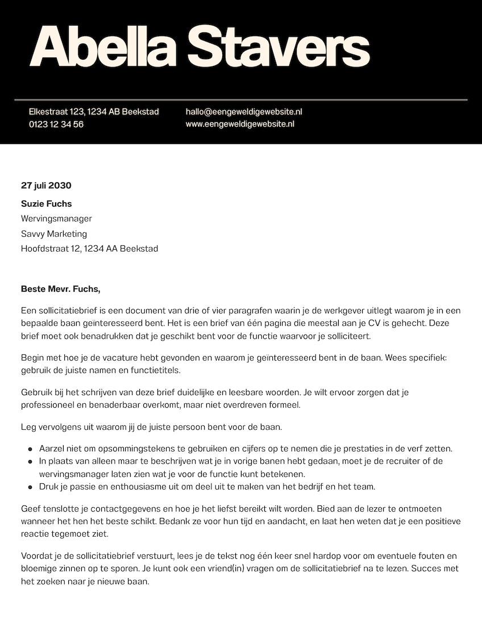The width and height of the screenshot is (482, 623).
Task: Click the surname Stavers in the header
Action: [279, 48]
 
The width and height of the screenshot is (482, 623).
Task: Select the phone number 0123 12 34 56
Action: [56, 124]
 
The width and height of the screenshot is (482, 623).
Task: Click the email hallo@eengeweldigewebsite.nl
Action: [244, 111]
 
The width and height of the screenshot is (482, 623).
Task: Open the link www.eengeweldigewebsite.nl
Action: [240, 124]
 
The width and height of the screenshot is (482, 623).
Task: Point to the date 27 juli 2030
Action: [46, 185]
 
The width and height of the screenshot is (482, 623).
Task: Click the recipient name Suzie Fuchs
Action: [47, 203]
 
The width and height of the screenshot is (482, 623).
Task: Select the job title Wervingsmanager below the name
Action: [56, 219]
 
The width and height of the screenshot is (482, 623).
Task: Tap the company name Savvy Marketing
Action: [54, 233]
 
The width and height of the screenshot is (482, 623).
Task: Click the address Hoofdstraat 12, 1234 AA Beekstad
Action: [89, 248]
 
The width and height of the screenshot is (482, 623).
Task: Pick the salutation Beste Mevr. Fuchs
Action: [60, 288]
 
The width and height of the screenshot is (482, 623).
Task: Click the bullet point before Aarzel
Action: [30, 448]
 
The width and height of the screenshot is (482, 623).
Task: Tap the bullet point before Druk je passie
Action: [30, 487]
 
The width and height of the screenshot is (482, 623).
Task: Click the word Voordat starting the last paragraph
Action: [36, 556]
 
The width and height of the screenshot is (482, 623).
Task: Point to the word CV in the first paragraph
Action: [379, 324]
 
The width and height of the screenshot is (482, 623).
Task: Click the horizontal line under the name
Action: [241, 99]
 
